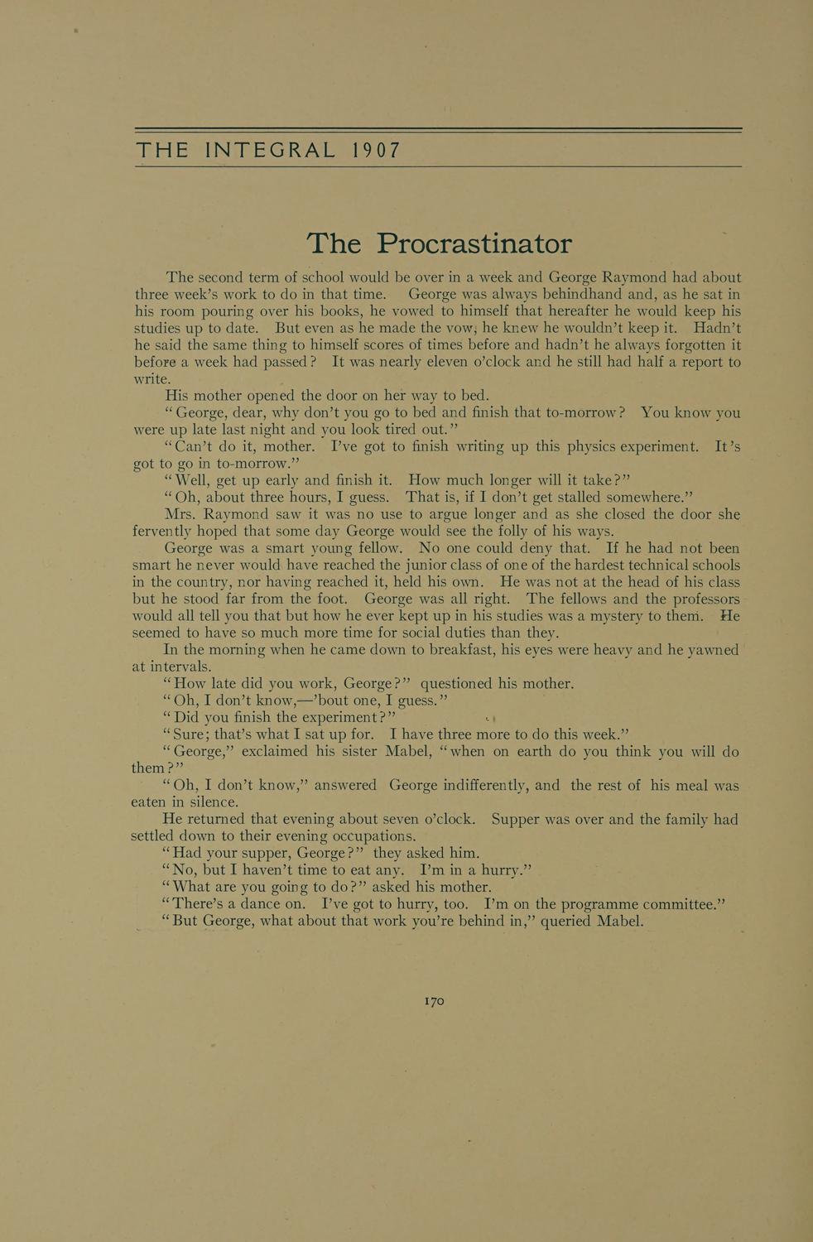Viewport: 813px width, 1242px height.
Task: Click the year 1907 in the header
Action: tap(376, 150)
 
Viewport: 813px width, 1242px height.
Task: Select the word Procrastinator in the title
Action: tap(474, 243)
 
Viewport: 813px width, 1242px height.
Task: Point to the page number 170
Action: tap(435, 1001)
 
